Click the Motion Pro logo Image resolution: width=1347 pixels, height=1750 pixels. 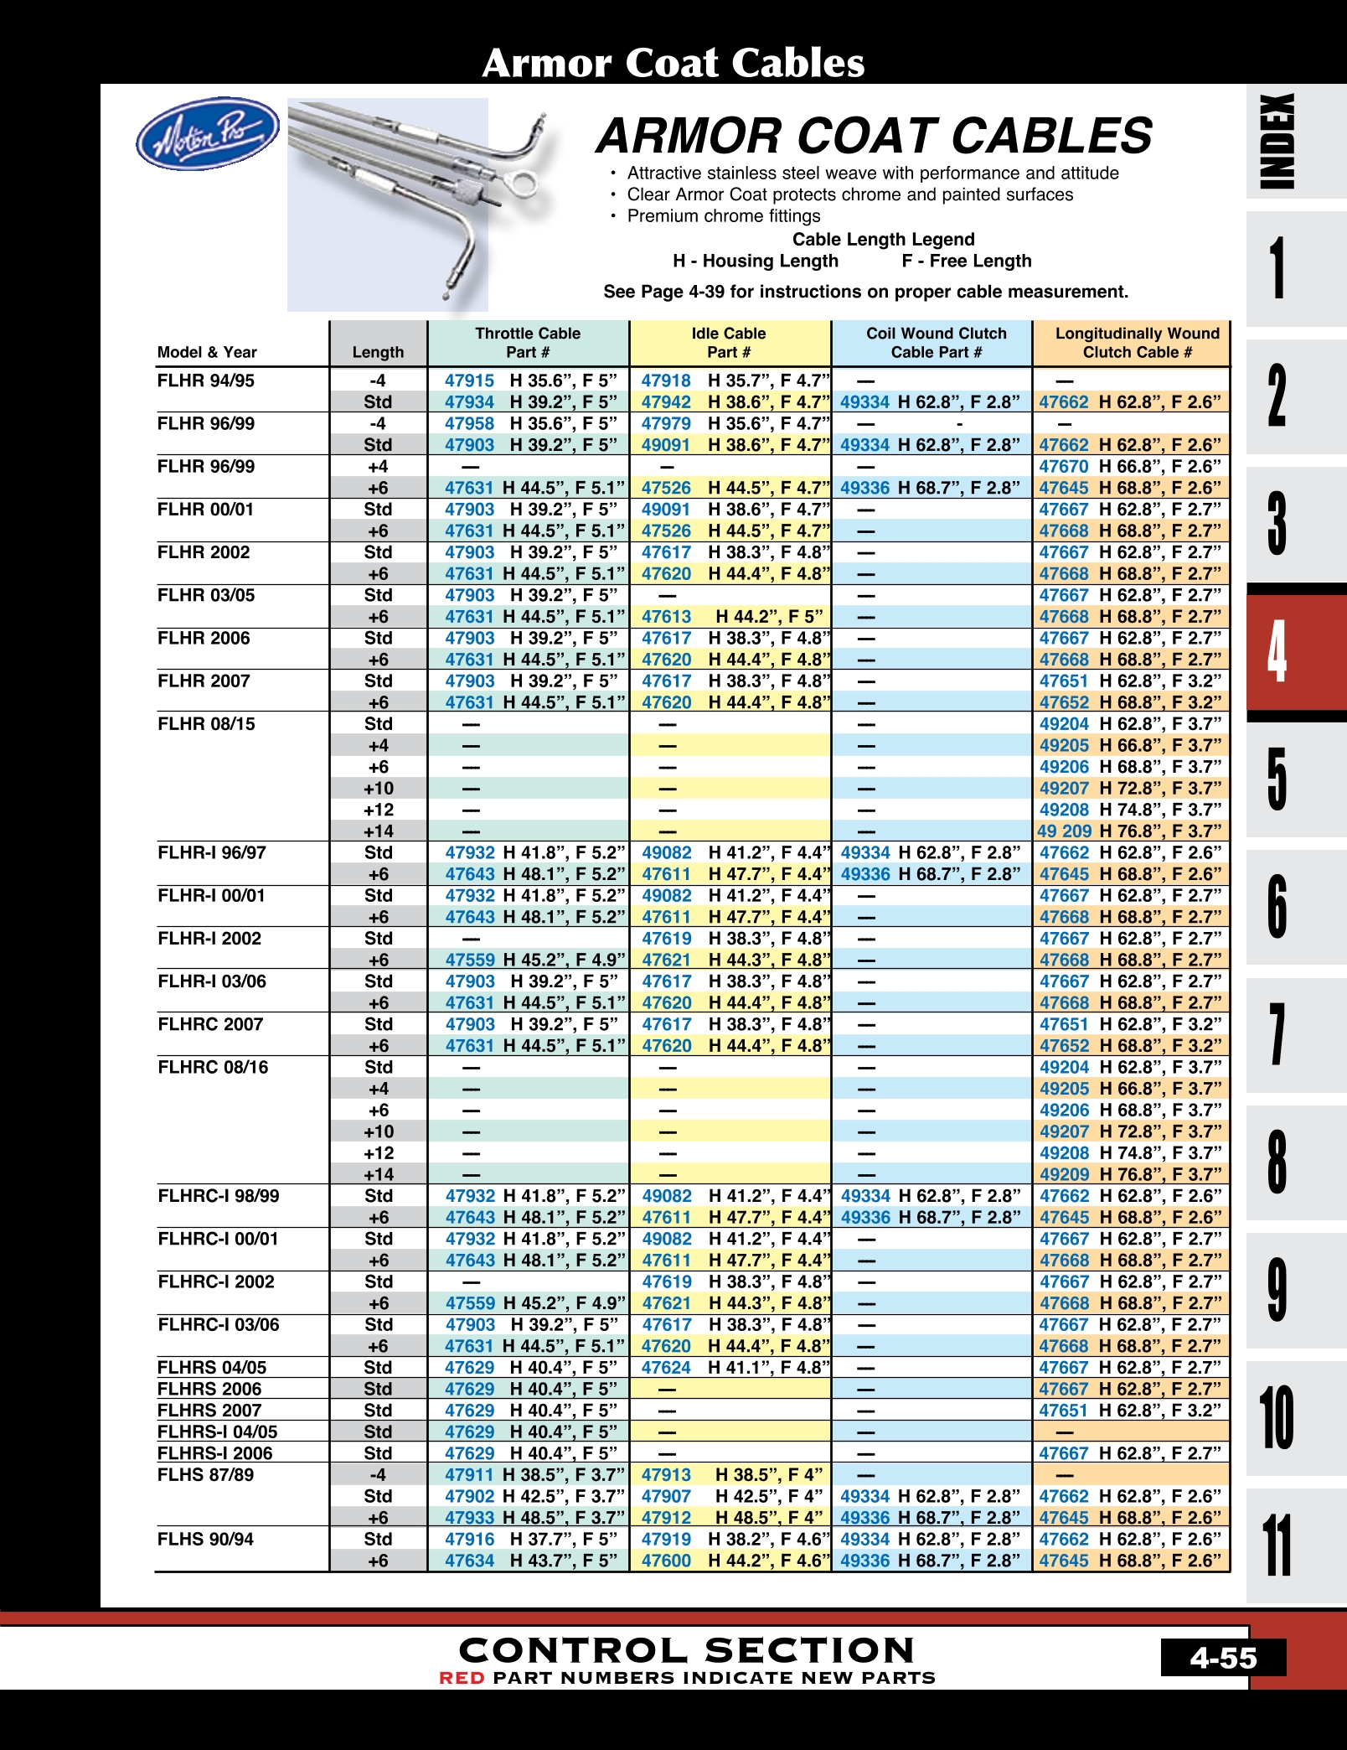coord(208,133)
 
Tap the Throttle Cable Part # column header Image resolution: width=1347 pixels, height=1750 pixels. coord(528,343)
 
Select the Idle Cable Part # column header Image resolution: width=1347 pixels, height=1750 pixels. coord(729,343)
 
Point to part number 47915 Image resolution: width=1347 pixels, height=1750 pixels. coord(469,381)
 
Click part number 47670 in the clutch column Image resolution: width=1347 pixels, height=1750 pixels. coord(1063,467)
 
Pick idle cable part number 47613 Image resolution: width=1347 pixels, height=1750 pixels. coord(666,617)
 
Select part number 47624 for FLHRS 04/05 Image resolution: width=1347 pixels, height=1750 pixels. coord(666,1368)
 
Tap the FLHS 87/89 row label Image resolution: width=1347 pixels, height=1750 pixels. coord(205,1475)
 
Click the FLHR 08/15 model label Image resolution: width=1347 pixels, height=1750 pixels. coord(206,724)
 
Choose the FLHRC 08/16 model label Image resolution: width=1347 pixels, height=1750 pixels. coord(213,1068)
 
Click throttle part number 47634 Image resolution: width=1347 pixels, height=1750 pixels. coord(469,1561)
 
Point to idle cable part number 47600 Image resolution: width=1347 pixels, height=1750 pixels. coord(666,1561)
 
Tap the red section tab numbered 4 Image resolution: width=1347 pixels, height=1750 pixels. coord(1277,653)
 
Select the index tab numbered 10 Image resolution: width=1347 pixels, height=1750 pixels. coord(1277,1418)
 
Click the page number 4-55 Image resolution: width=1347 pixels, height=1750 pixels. coord(1223,1658)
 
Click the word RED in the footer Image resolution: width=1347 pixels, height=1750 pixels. coord(462,1678)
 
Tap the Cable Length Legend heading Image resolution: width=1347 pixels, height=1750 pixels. coord(883,240)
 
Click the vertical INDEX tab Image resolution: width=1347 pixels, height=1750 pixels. coord(1277,141)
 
